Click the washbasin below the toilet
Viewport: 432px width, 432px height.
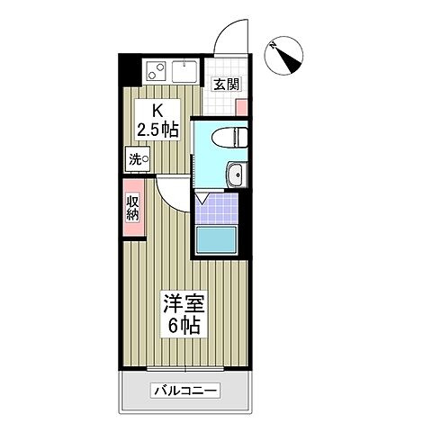click(236, 175)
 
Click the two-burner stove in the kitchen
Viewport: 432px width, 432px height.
click(155, 70)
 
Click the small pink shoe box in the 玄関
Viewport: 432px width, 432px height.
click(242, 106)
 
